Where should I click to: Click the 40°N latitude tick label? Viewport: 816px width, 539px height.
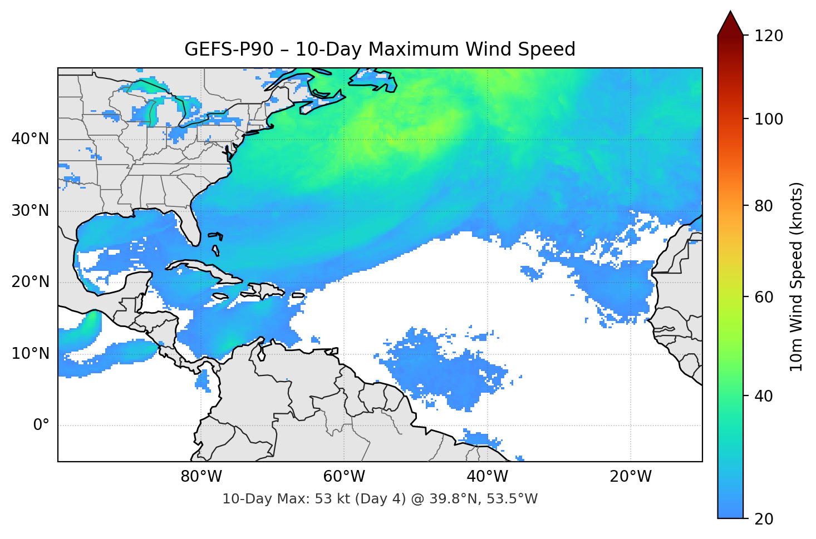pos(30,139)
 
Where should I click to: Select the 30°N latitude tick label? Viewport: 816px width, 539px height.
pos(30,211)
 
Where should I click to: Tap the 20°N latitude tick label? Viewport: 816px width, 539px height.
pos(30,282)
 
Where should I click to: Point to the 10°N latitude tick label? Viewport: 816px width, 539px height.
pos(30,354)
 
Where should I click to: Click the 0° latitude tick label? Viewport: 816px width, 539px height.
pos(41,426)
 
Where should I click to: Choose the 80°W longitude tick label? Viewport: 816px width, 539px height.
pos(201,477)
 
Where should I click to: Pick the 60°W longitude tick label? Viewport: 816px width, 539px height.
pos(345,477)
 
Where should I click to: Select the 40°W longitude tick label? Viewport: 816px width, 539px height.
pos(488,477)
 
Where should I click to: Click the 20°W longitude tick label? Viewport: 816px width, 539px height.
pos(631,477)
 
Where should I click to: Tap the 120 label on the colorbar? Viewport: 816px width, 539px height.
pos(768,36)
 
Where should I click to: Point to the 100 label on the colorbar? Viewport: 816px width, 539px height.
pos(768,119)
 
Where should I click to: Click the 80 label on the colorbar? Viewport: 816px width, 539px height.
pos(764,206)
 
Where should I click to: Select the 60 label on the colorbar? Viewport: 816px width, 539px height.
pos(764,297)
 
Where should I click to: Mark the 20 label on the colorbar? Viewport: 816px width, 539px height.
pos(764,519)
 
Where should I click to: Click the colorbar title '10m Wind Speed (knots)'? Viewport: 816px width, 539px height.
pos(797,276)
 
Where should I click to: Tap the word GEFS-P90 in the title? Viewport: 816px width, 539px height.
pos(229,50)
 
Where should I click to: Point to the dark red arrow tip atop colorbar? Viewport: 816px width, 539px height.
pos(730,22)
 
